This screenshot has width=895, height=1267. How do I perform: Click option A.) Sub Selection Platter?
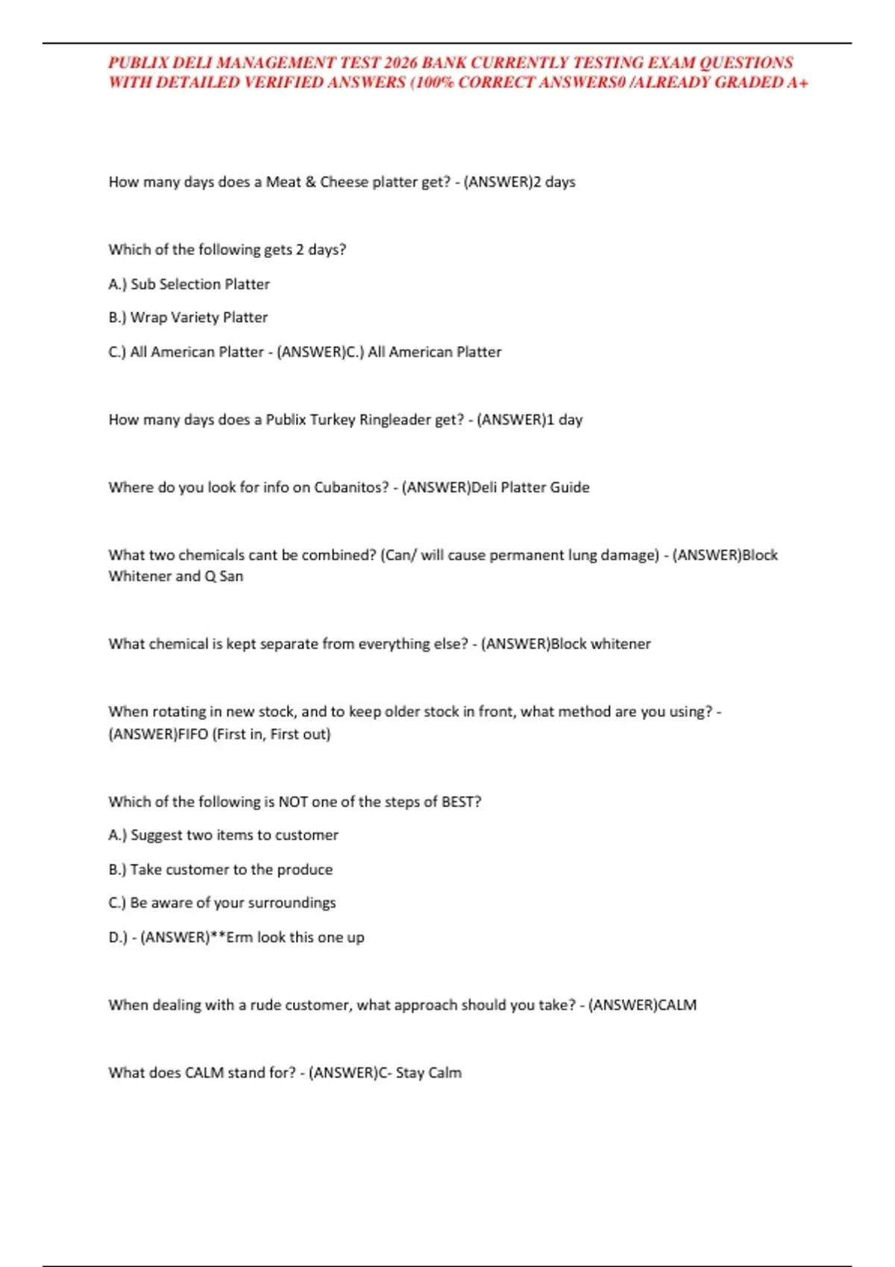189,284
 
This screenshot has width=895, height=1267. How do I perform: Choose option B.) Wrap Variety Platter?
188,317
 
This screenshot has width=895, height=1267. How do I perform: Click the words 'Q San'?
223,576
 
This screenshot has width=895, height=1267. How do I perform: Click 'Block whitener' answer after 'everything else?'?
600,644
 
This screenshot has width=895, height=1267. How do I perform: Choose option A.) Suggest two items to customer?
223,835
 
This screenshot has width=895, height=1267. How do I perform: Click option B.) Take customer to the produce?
220,870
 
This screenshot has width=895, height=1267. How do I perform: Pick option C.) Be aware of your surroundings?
222,903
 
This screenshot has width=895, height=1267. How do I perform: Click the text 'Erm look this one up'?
295,938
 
